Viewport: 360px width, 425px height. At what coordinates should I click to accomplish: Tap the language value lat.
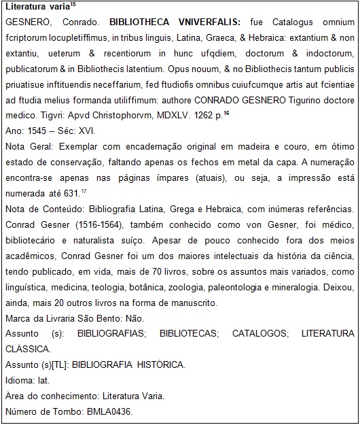(44, 381)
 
